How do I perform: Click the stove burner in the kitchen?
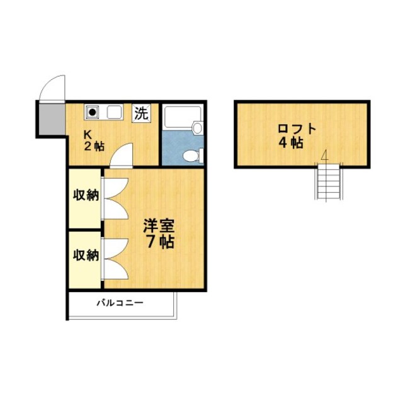click(x=93, y=113)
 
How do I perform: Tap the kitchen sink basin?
click(x=114, y=113)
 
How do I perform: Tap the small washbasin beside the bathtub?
click(x=198, y=128)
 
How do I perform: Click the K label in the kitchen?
click(x=89, y=134)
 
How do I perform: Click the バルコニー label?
click(x=120, y=303)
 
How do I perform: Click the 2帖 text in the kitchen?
click(x=95, y=147)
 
